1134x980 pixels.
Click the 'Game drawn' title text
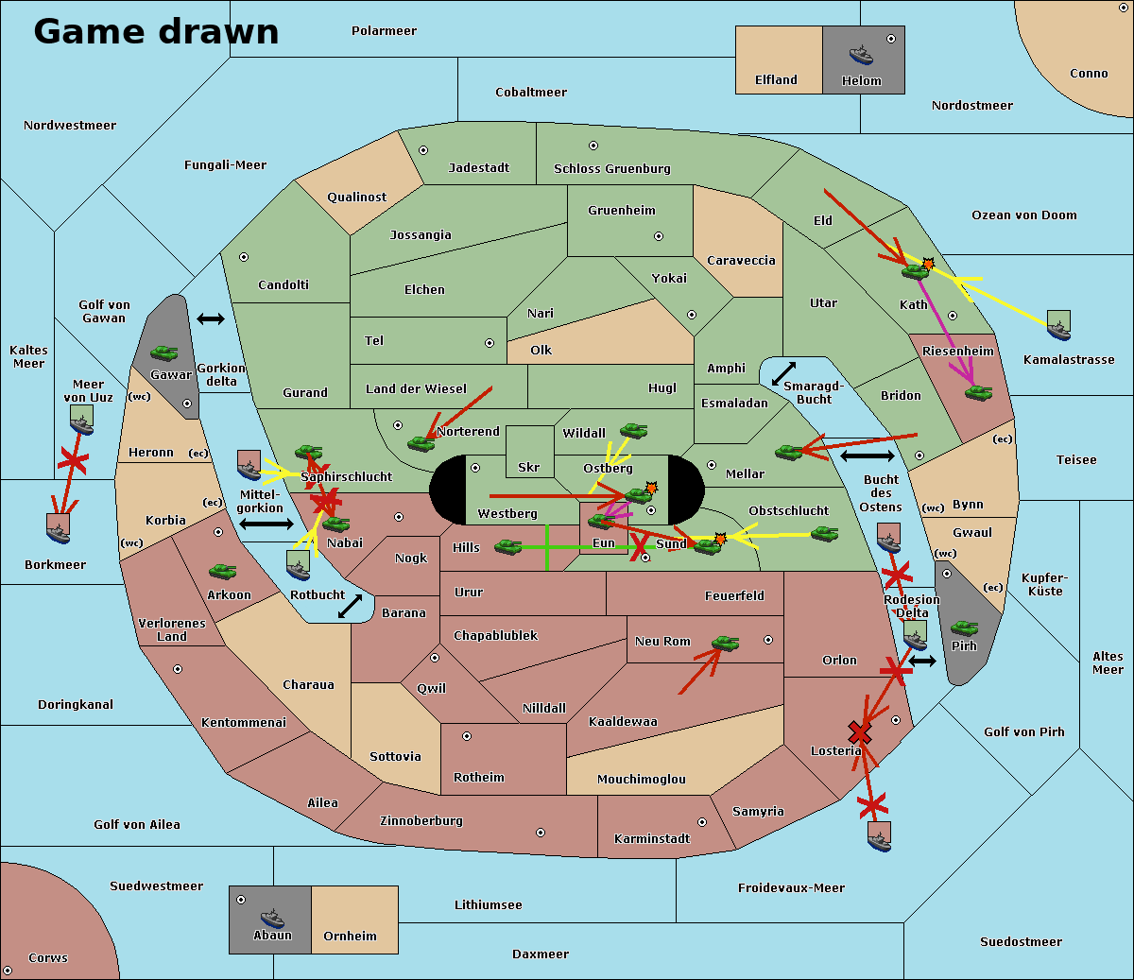coord(156,31)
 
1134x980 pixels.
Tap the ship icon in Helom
coord(861,54)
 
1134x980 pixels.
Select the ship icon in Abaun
coord(272,918)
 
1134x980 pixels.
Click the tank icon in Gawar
coord(164,353)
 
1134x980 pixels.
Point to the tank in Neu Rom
coord(725,644)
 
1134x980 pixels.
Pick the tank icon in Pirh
coord(964,628)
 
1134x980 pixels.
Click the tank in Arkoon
coord(222,572)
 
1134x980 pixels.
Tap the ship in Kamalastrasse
coord(1059,326)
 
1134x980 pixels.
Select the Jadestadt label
coord(478,167)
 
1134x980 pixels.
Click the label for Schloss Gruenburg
coord(611,169)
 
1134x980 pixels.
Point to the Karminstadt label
coord(652,838)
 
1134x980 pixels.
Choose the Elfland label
coord(776,80)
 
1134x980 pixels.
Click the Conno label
coord(1089,74)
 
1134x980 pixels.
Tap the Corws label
coord(48,957)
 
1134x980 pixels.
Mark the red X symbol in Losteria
coord(859,732)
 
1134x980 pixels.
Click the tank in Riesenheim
coord(978,392)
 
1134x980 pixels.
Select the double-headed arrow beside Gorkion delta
coord(211,319)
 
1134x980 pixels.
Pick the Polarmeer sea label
coord(384,31)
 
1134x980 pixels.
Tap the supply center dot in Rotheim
coord(467,736)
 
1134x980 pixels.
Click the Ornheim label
coord(350,936)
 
